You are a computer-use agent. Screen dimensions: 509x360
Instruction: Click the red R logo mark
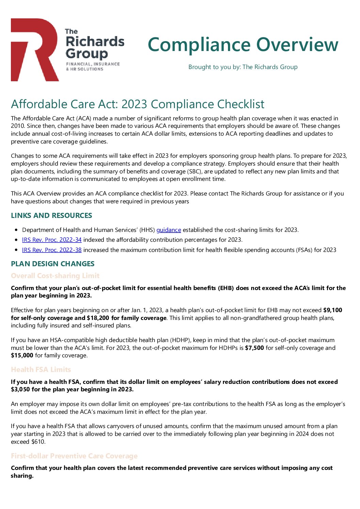point(34,49)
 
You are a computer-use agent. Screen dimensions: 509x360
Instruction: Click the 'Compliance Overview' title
point(243,45)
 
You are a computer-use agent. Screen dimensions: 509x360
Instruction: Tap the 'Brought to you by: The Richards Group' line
point(243,67)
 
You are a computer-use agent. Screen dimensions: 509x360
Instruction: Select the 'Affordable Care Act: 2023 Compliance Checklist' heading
point(137,104)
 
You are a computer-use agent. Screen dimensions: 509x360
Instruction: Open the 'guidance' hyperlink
point(168,230)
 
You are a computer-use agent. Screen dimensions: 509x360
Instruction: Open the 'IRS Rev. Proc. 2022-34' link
point(52,240)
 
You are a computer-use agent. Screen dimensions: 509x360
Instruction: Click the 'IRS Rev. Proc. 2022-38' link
point(52,250)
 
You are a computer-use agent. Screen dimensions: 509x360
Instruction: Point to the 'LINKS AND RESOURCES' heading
point(51,216)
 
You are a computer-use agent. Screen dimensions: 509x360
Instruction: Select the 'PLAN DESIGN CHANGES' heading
point(53,264)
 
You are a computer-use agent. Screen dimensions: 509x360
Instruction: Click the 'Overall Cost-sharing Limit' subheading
point(55,276)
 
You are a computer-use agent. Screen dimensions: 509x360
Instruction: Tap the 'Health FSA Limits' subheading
point(41,370)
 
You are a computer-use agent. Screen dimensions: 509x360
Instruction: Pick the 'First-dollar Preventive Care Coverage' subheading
point(74,456)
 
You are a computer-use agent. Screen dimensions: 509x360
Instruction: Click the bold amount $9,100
point(332,310)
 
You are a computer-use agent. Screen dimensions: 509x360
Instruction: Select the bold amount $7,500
point(254,348)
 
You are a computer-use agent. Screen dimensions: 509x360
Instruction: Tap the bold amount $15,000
point(22,355)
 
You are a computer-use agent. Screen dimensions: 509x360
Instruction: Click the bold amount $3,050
point(20,389)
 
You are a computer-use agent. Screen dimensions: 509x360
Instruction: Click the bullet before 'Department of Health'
point(16,230)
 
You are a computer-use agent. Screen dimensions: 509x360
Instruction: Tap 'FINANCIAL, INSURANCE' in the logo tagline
point(93,64)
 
